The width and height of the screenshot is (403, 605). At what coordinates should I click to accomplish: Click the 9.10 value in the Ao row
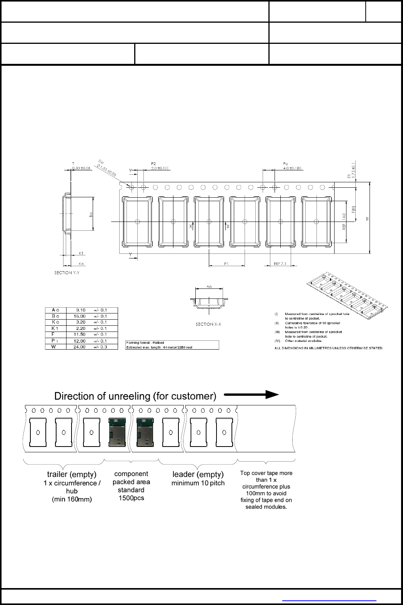(x=80, y=310)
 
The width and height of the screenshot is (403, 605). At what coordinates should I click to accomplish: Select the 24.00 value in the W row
(x=79, y=347)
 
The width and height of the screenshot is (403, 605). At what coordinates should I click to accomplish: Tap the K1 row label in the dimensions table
(x=55, y=328)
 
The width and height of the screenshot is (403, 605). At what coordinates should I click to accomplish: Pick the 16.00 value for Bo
(x=79, y=316)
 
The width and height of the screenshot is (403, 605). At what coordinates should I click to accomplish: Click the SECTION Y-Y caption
(x=67, y=273)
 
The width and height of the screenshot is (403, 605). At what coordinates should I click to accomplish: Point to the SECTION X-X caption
(x=208, y=324)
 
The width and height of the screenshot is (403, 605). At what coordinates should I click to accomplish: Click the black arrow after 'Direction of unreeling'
(x=251, y=395)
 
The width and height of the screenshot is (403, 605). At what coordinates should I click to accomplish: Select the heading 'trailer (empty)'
(x=72, y=474)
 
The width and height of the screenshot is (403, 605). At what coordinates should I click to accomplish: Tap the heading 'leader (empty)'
(x=198, y=474)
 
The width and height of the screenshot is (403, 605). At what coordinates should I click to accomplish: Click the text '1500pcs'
(x=131, y=498)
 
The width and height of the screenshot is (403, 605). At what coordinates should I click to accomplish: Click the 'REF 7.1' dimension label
(x=280, y=264)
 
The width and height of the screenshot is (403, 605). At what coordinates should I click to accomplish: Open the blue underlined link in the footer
(x=329, y=600)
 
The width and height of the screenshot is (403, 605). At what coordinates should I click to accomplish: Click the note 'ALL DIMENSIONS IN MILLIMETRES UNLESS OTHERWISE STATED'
(x=328, y=348)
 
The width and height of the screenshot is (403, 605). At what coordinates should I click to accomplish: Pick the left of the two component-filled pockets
(x=118, y=432)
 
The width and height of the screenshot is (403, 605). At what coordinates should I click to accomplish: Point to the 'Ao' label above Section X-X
(x=209, y=287)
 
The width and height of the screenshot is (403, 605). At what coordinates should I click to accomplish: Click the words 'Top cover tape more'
(x=266, y=473)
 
